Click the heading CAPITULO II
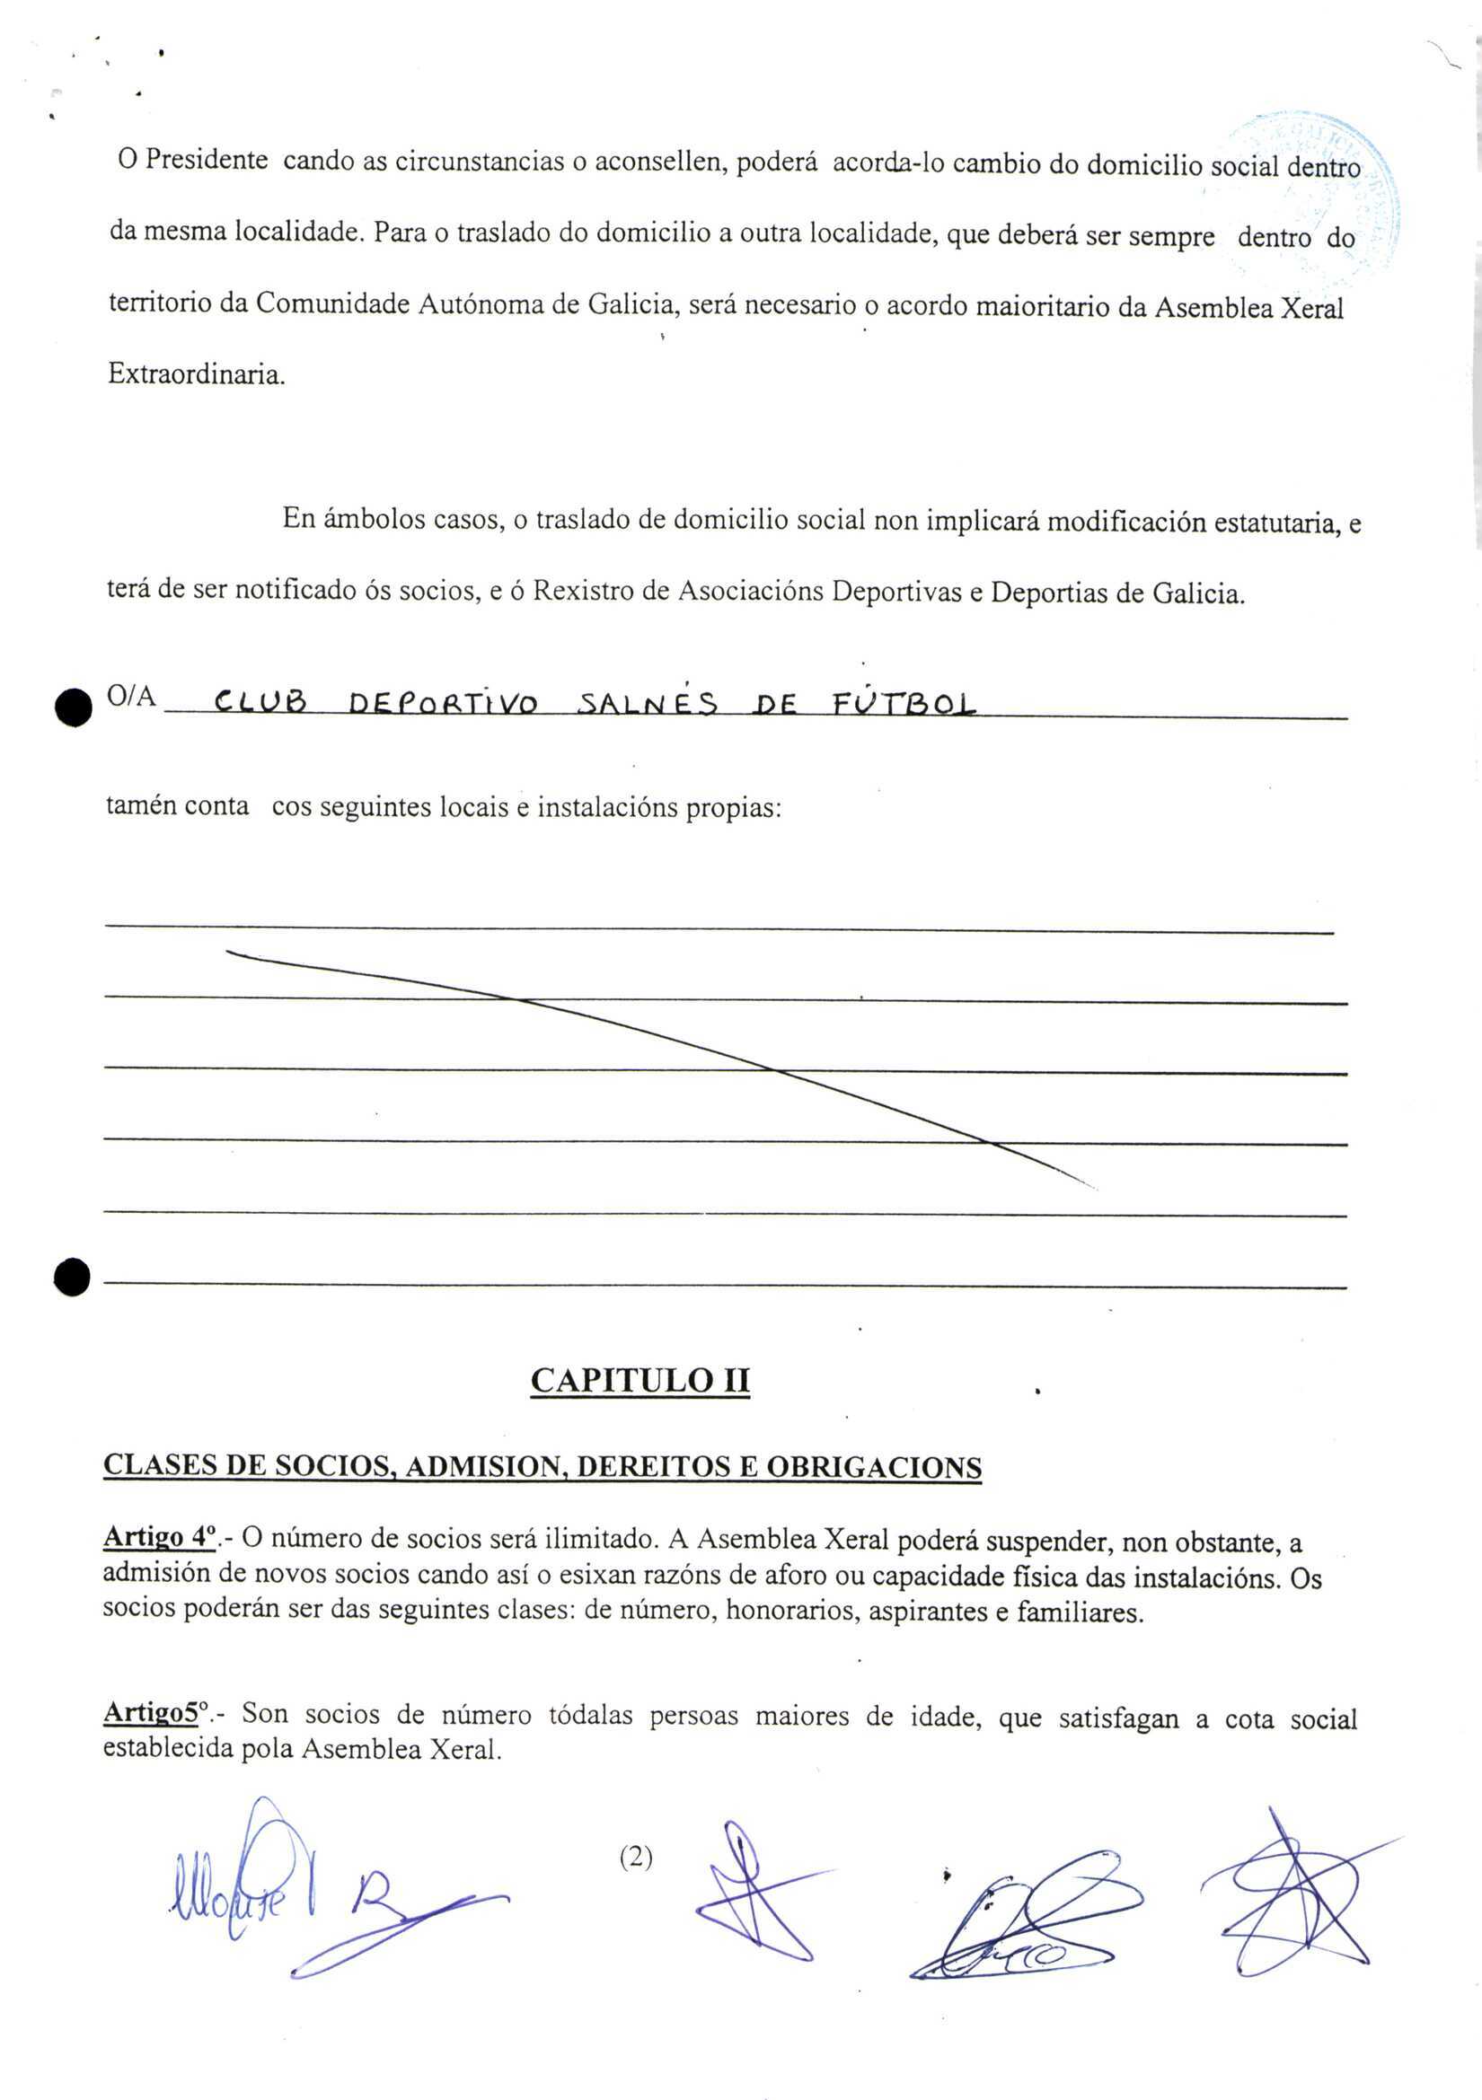pyautogui.click(x=640, y=1379)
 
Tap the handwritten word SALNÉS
pyautogui.click(x=648, y=703)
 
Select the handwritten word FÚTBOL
pyautogui.click(x=904, y=703)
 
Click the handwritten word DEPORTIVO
pyautogui.click(x=444, y=703)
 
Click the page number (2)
pyautogui.click(x=636, y=1857)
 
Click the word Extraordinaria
pyautogui.click(x=196, y=374)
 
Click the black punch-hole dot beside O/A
pyautogui.click(x=73, y=707)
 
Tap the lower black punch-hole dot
pyautogui.click(x=72, y=1277)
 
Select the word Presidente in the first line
pyautogui.click(x=207, y=160)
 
